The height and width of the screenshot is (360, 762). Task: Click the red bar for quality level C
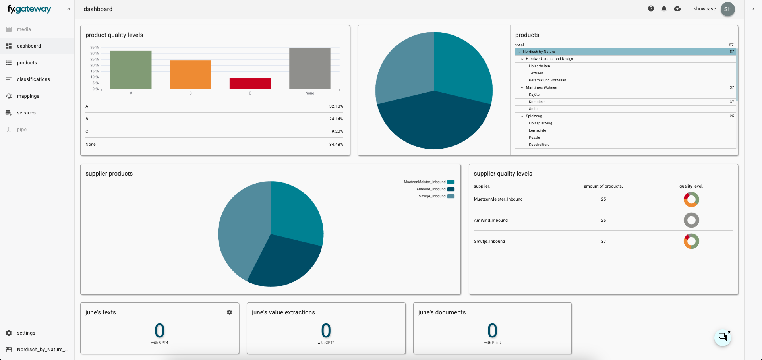(x=250, y=83)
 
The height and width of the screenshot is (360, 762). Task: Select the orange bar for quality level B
(x=190, y=75)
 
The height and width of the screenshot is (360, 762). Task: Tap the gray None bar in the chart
(x=309, y=68)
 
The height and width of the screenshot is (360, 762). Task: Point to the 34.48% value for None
(x=336, y=145)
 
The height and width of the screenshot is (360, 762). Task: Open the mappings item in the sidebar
(x=28, y=96)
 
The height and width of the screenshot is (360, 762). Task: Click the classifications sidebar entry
(x=33, y=79)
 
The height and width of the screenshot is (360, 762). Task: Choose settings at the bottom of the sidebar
(x=26, y=333)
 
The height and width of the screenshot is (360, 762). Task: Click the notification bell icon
(x=664, y=9)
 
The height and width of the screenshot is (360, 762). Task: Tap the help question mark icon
(x=651, y=9)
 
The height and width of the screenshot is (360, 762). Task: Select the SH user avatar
(x=727, y=9)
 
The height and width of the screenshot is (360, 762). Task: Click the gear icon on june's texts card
(x=229, y=312)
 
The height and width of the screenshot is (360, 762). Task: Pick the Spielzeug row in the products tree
(x=534, y=116)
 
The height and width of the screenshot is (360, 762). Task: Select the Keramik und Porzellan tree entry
(x=547, y=80)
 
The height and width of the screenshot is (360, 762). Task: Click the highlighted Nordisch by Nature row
(x=539, y=52)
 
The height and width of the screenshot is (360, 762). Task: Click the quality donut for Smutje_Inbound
(x=691, y=241)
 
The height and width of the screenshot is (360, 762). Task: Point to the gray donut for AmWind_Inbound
(x=691, y=220)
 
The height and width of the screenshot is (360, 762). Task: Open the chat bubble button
(x=722, y=337)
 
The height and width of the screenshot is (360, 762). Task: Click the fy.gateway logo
(x=29, y=9)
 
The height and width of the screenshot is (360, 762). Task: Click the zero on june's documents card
(x=492, y=331)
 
